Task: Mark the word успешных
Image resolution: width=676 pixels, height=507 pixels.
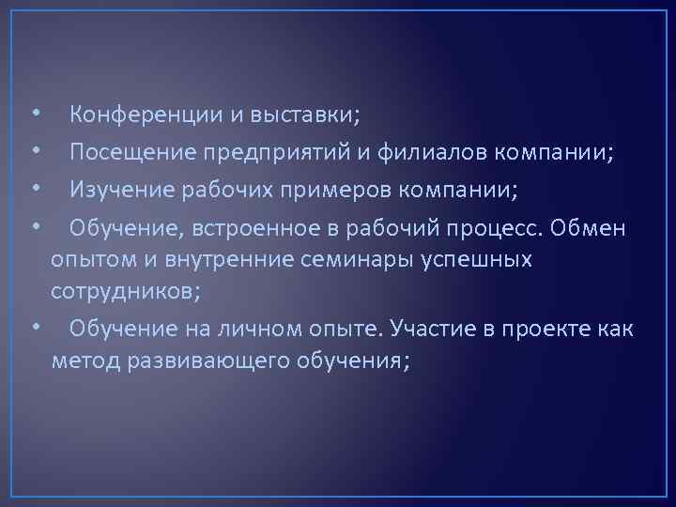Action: coord(484,259)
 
